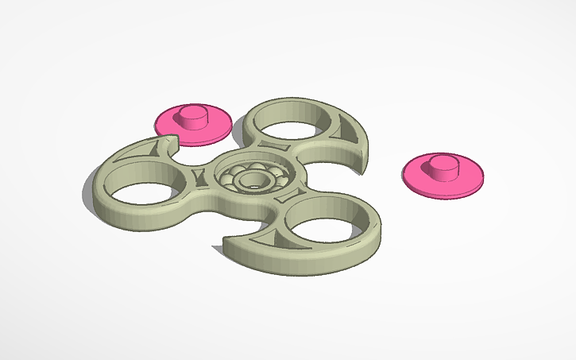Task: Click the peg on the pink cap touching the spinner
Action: tap(191, 116)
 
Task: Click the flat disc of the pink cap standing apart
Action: tap(469, 179)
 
